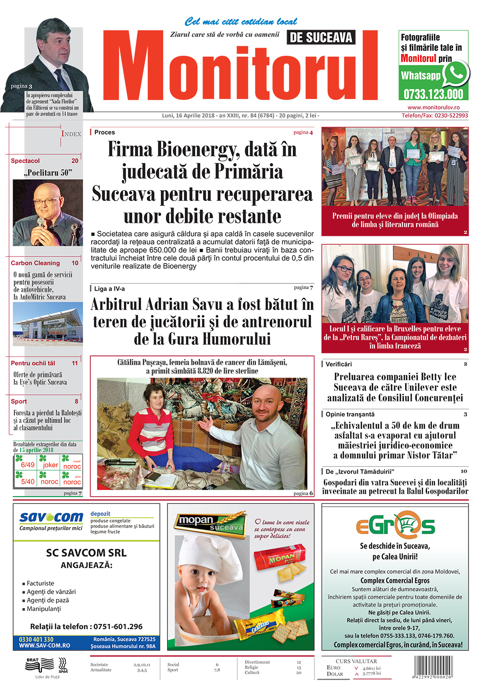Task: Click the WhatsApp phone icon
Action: tap(455, 73)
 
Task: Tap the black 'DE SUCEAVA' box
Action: tap(321, 37)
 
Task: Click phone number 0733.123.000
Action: tap(433, 94)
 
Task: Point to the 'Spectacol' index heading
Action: tap(25, 161)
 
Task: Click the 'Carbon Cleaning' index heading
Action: tap(36, 263)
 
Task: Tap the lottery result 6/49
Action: tap(27, 465)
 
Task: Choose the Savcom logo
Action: tap(51, 518)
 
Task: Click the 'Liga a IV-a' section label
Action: tap(109, 289)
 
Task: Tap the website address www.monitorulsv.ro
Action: tap(433, 108)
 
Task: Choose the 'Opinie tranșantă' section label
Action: tap(350, 414)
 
